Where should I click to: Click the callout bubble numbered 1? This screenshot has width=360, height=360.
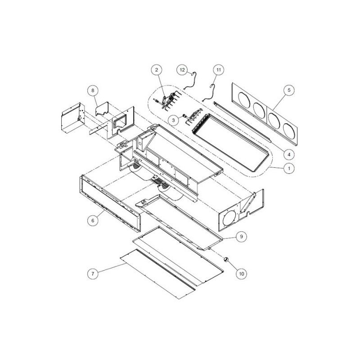[289, 168]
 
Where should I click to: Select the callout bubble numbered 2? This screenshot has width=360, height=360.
[157, 70]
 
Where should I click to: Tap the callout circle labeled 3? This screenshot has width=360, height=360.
[174, 120]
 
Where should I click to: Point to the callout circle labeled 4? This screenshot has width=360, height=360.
[289, 154]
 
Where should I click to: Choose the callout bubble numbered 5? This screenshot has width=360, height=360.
[289, 90]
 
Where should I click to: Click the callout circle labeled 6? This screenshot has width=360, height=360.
[93, 220]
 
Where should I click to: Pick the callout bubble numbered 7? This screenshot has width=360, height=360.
[93, 274]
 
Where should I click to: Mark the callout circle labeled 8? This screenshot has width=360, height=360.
[93, 90]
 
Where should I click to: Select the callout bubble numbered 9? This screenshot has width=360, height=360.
[241, 236]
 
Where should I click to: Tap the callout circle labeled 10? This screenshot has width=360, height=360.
[241, 274]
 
